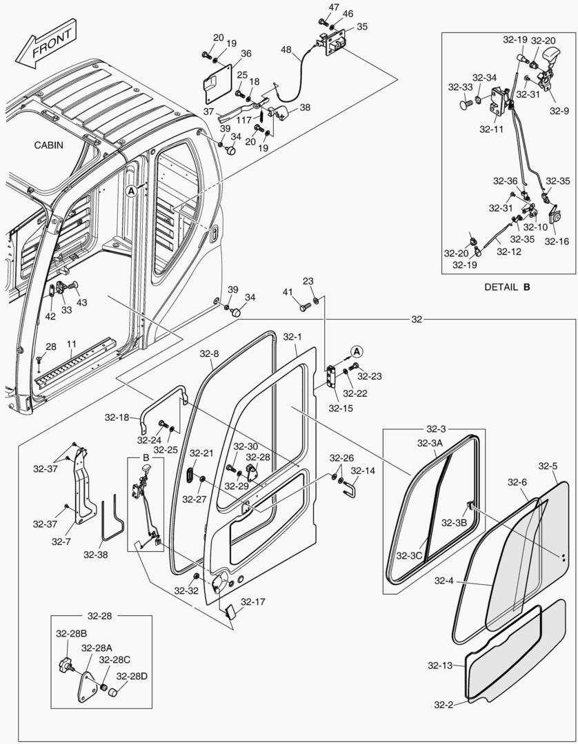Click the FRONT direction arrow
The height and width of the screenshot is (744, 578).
pyautogui.click(x=48, y=42)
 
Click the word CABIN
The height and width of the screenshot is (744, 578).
pyautogui.click(x=48, y=145)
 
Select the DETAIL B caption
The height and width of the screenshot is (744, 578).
pyautogui.click(x=507, y=287)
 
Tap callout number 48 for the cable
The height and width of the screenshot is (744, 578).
pyautogui.click(x=286, y=50)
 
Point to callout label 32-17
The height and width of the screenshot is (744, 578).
pyautogui.click(x=253, y=601)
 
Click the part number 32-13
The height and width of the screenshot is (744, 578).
pyautogui.click(x=439, y=665)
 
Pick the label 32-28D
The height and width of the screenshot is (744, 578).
pyautogui.click(x=131, y=676)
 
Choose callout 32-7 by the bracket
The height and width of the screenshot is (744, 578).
pyautogui.click(x=61, y=541)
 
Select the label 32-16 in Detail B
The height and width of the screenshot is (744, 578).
pyautogui.click(x=557, y=241)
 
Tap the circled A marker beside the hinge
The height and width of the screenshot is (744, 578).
pyautogui.click(x=356, y=351)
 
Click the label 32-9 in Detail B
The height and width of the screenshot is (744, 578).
pyautogui.click(x=559, y=110)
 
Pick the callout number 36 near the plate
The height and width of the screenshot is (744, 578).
pyautogui.click(x=246, y=53)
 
